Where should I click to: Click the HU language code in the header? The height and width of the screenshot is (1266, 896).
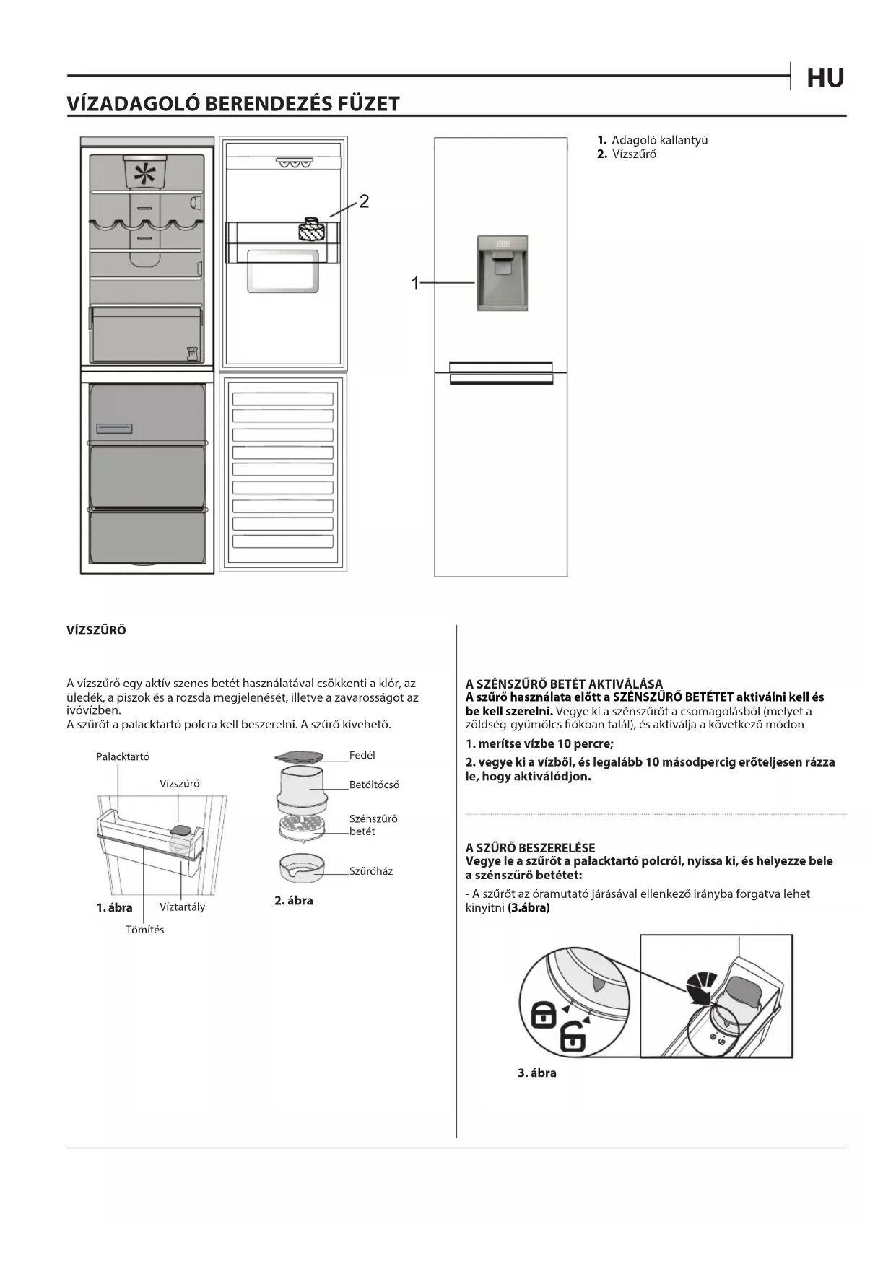coord(825,78)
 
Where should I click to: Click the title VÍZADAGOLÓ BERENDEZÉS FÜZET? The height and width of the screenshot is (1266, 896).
coord(233,104)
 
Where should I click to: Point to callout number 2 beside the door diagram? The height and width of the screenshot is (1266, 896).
coord(364,201)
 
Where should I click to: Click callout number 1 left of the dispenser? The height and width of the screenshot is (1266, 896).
coord(415,284)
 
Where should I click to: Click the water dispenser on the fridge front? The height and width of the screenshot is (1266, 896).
coord(503,273)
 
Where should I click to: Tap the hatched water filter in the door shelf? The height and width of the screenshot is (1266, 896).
coord(312,231)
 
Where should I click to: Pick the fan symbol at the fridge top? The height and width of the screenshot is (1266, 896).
coord(145,174)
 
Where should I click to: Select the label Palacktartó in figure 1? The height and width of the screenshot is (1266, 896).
coord(123,756)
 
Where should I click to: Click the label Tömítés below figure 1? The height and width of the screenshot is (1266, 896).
coord(144,930)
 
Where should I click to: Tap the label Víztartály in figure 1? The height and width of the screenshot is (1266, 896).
coord(182,907)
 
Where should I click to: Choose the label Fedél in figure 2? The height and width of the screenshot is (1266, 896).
coord(362,755)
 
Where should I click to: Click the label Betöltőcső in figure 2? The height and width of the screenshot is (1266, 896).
coord(374,785)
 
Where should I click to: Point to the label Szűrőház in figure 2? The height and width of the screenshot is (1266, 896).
coord(371,871)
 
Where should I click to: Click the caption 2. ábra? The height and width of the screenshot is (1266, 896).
coord(293,901)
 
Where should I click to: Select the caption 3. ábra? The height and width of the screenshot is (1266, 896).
coord(536,1073)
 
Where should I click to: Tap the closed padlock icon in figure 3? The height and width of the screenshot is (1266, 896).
coord(543,1015)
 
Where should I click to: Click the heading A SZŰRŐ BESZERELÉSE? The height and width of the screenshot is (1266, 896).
coord(530,848)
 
